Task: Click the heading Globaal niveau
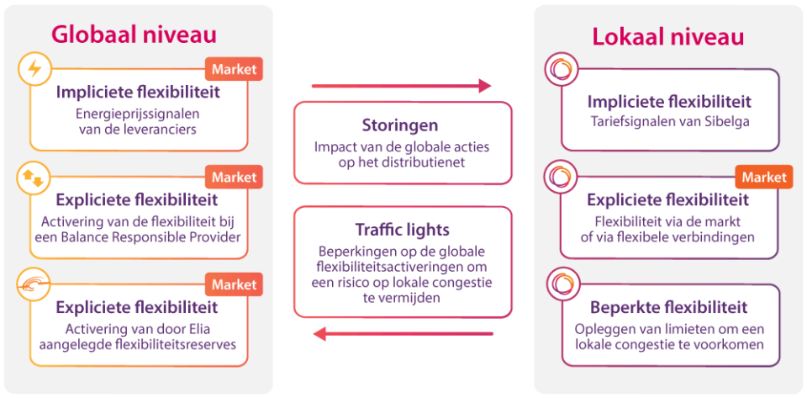click(134, 34)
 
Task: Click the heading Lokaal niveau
click(668, 37)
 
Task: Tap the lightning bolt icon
click(34, 69)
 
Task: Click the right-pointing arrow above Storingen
click(401, 85)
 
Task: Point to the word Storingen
click(400, 125)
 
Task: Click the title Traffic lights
click(403, 230)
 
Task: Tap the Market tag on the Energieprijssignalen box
click(235, 69)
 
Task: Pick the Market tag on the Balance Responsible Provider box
click(235, 177)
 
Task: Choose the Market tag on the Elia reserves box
click(235, 284)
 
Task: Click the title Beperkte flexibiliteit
click(668, 307)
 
